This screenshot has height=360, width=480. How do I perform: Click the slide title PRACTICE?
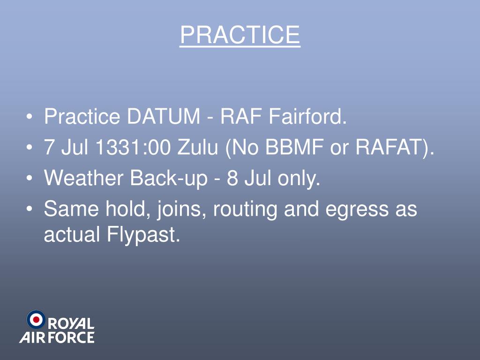[240, 35]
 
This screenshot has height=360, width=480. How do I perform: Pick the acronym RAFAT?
[390, 148]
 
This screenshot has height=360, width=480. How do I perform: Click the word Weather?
[84, 179]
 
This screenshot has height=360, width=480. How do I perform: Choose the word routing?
[246, 210]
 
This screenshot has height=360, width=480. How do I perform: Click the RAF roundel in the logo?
[36, 320]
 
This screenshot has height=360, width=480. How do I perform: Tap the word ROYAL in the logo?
[71, 323]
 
